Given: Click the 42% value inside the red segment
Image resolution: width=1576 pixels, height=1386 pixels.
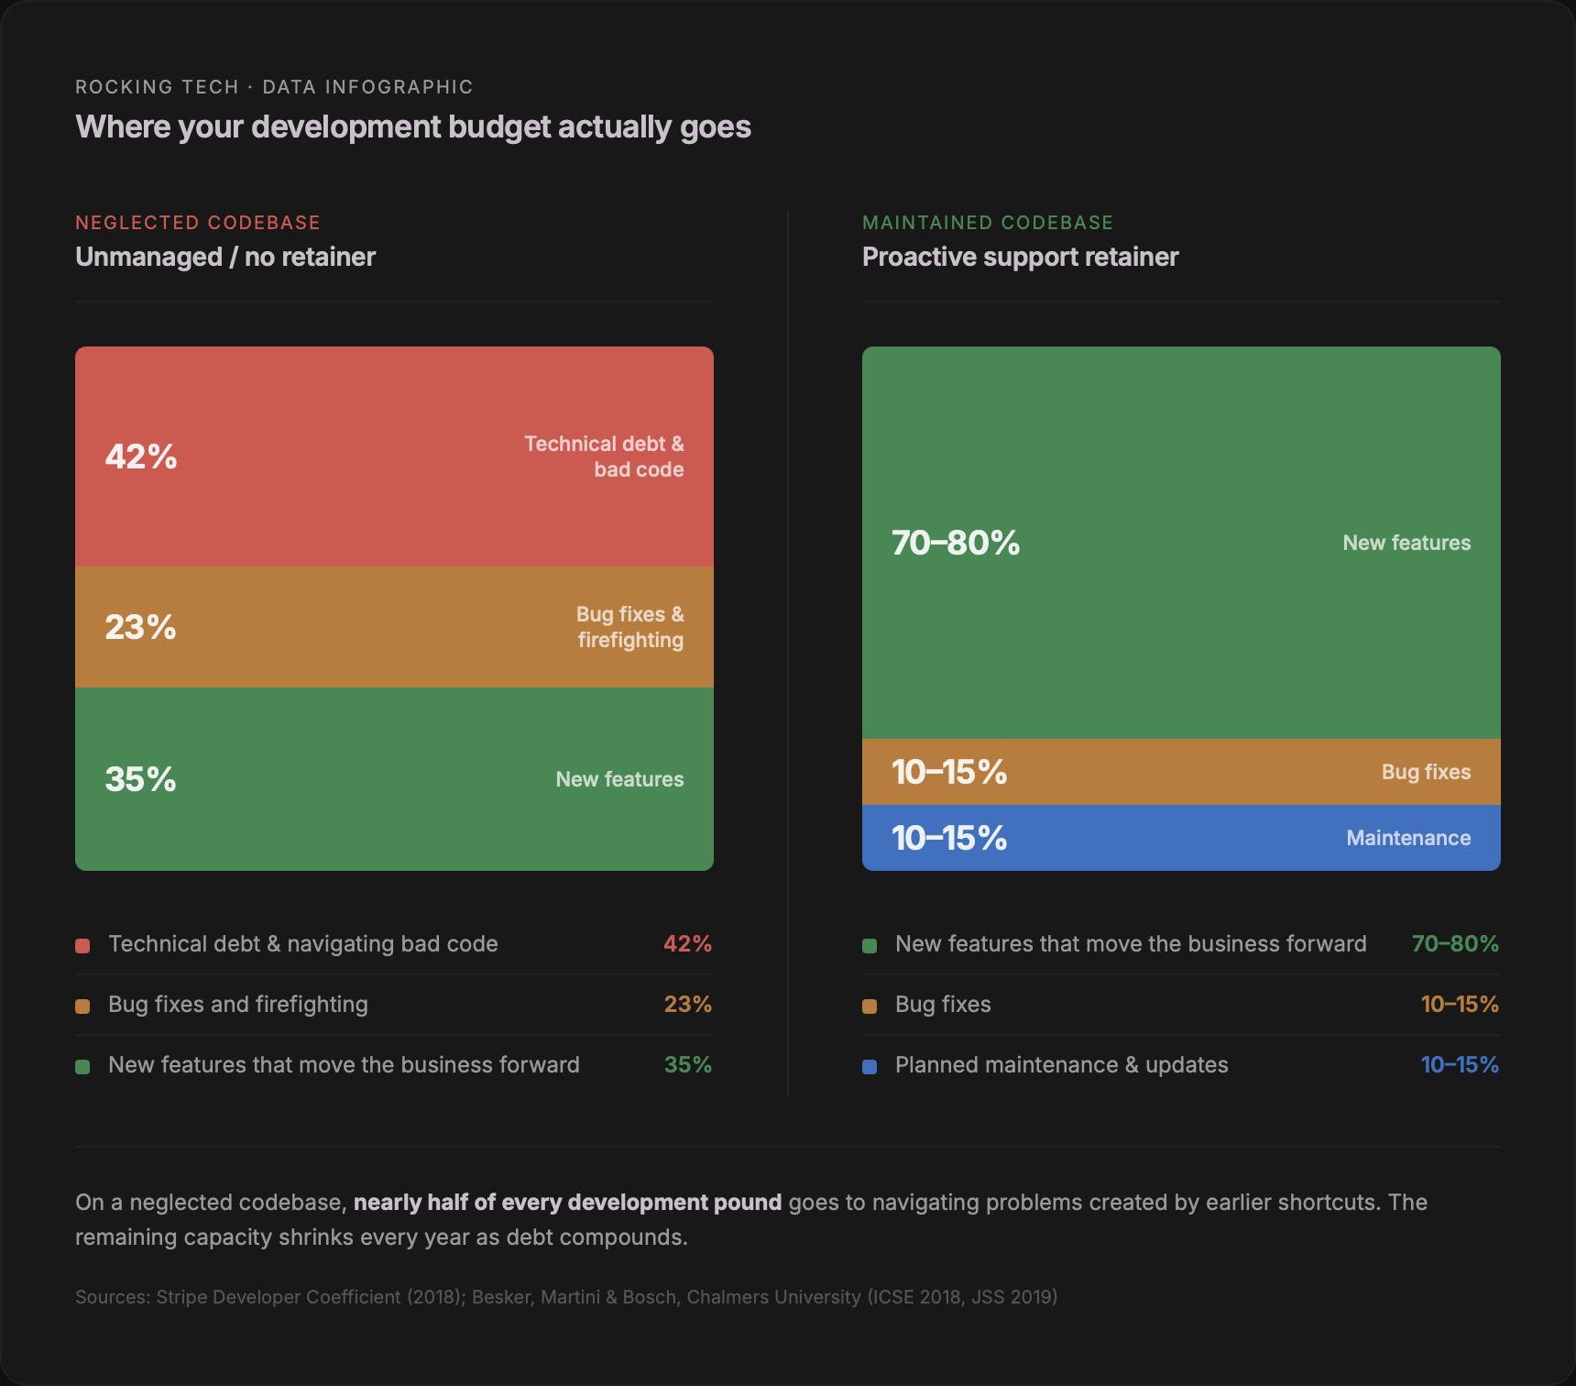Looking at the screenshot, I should [x=141, y=456].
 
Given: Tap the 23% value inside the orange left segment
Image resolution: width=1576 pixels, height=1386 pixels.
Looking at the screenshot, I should [x=140, y=627].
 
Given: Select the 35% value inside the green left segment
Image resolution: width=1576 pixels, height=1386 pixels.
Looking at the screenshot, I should [x=140, y=779].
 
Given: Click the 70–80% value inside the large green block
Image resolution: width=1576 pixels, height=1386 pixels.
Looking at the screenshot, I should [x=956, y=543].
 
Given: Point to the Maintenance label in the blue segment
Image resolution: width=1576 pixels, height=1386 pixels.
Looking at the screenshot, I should [x=1408, y=838].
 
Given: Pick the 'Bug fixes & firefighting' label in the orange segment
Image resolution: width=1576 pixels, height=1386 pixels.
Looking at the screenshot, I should [x=630, y=627].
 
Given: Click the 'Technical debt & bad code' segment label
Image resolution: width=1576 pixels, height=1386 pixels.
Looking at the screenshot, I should [x=605, y=456].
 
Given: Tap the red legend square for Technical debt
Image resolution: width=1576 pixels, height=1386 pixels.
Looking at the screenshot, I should [x=82, y=945].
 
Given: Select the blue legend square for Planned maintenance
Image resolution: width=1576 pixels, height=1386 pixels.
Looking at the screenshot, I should [x=870, y=1066].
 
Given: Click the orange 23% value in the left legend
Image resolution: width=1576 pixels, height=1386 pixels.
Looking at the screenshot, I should [x=687, y=1005].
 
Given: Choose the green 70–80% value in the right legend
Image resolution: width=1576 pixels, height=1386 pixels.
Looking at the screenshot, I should [x=1455, y=944].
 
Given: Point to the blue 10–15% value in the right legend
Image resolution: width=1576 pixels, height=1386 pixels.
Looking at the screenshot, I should [x=1460, y=1065].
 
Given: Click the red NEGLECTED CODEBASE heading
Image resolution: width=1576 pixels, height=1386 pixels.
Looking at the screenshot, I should [x=198, y=223].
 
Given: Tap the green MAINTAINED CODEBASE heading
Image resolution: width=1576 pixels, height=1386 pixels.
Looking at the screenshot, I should [x=988, y=223].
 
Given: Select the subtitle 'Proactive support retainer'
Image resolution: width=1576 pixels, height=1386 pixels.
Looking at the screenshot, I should [x=1020, y=257].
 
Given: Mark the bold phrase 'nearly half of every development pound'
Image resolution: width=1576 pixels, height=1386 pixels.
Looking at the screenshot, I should [x=567, y=1203].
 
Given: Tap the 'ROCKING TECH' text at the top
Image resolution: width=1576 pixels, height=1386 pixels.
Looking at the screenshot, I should [x=157, y=87].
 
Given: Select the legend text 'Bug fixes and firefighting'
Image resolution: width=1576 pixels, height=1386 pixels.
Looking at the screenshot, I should [x=238, y=1005].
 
